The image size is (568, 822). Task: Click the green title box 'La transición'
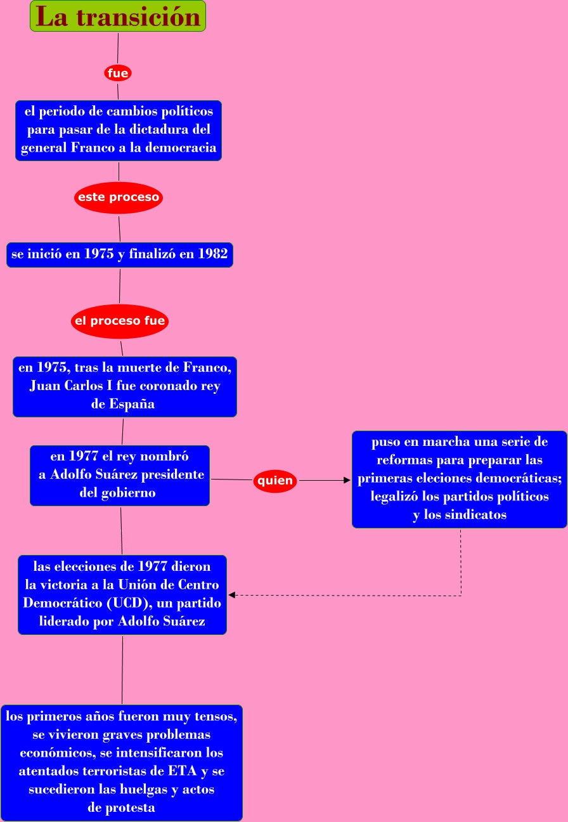coord(118,16)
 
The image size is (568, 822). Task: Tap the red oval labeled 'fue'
coord(118,74)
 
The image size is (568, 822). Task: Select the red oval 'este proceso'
coord(119,197)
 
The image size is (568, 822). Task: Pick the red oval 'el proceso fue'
coord(120,321)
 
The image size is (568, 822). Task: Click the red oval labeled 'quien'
coord(275,481)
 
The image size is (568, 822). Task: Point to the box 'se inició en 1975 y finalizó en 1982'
coord(120,255)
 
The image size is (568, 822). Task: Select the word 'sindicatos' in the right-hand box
coord(475,515)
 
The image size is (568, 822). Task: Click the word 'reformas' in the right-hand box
coord(403,460)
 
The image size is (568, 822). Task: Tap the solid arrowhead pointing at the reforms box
coord(347,481)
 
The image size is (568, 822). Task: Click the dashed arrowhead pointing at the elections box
coord(232,595)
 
